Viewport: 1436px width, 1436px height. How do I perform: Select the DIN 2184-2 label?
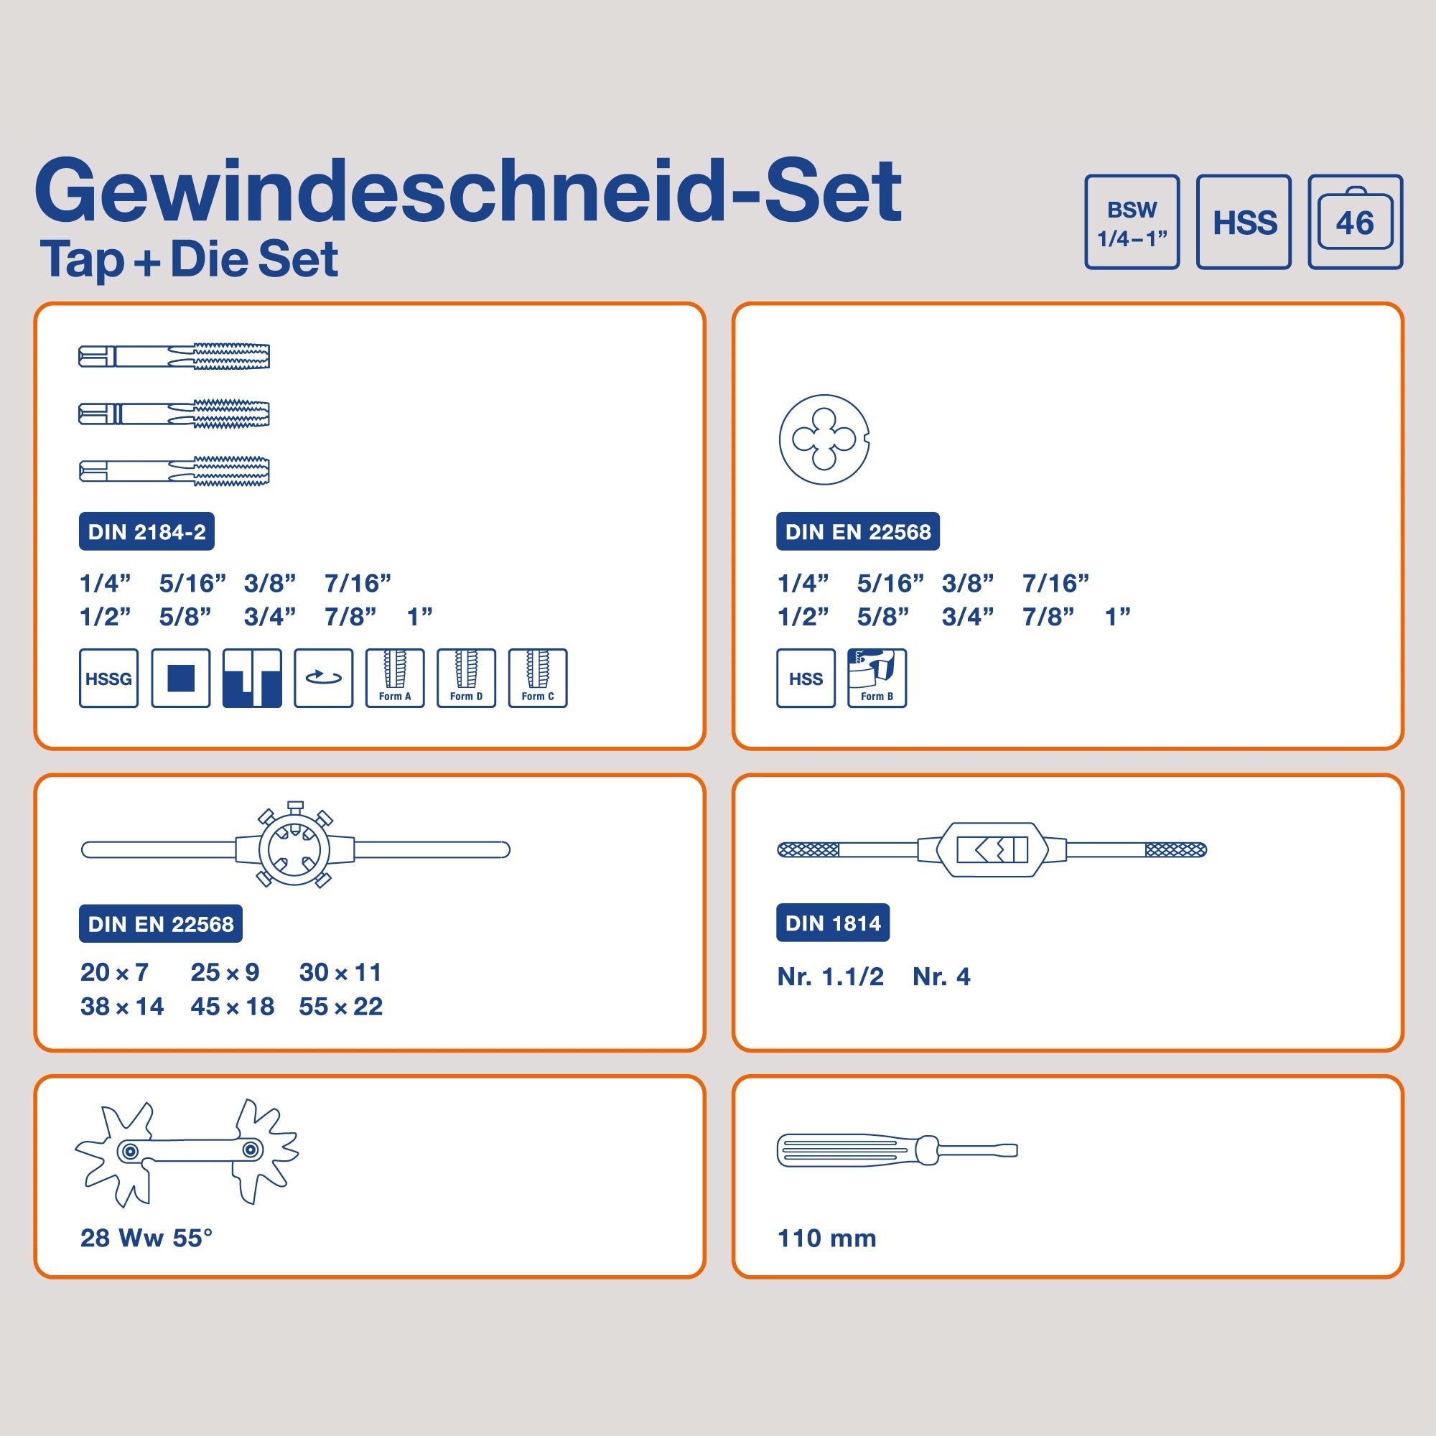(x=146, y=531)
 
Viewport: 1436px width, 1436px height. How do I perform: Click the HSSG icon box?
(x=108, y=678)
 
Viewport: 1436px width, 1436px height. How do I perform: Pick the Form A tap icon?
(x=395, y=678)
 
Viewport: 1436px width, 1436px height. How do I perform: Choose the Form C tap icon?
(x=537, y=678)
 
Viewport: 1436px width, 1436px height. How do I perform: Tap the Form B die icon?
(x=877, y=678)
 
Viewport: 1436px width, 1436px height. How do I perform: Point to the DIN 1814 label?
(x=832, y=923)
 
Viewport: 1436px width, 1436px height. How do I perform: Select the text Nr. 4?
(x=941, y=976)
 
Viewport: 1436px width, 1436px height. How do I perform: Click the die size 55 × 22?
(x=340, y=1007)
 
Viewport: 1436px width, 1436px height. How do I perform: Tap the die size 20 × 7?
(x=114, y=972)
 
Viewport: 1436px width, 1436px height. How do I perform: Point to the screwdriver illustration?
(x=897, y=1150)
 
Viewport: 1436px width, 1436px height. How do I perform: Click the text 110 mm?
(x=826, y=1239)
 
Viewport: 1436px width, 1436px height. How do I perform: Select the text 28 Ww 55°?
(x=146, y=1238)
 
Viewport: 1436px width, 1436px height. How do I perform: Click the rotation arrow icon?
(x=323, y=678)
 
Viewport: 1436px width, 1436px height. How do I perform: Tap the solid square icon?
(x=181, y=678)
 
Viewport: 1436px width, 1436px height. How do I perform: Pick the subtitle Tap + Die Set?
(x=190, y=259)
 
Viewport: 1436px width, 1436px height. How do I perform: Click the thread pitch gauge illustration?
(x=187, y=1153)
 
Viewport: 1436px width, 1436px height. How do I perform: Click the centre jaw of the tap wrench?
(x=992, y=849)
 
